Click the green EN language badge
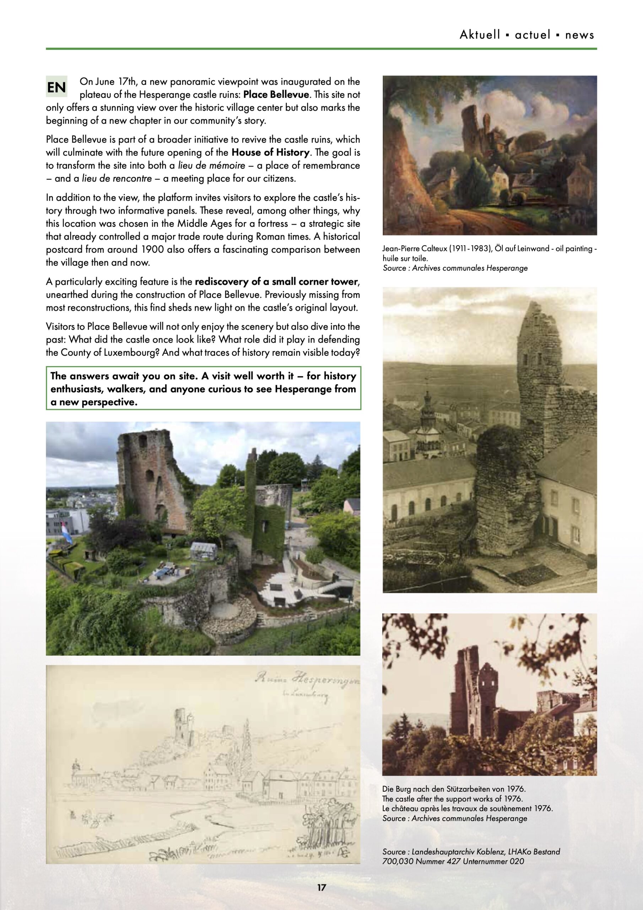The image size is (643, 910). click(x=56, y=87)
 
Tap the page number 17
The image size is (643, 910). click(x=321, y=887)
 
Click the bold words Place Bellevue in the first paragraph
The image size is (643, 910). click(x=276, y=95)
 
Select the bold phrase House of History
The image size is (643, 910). click(x=271, y=152)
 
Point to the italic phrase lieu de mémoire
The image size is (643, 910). click(x=212, y=166)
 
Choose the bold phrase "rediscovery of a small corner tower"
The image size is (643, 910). click(x=276, y=282)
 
